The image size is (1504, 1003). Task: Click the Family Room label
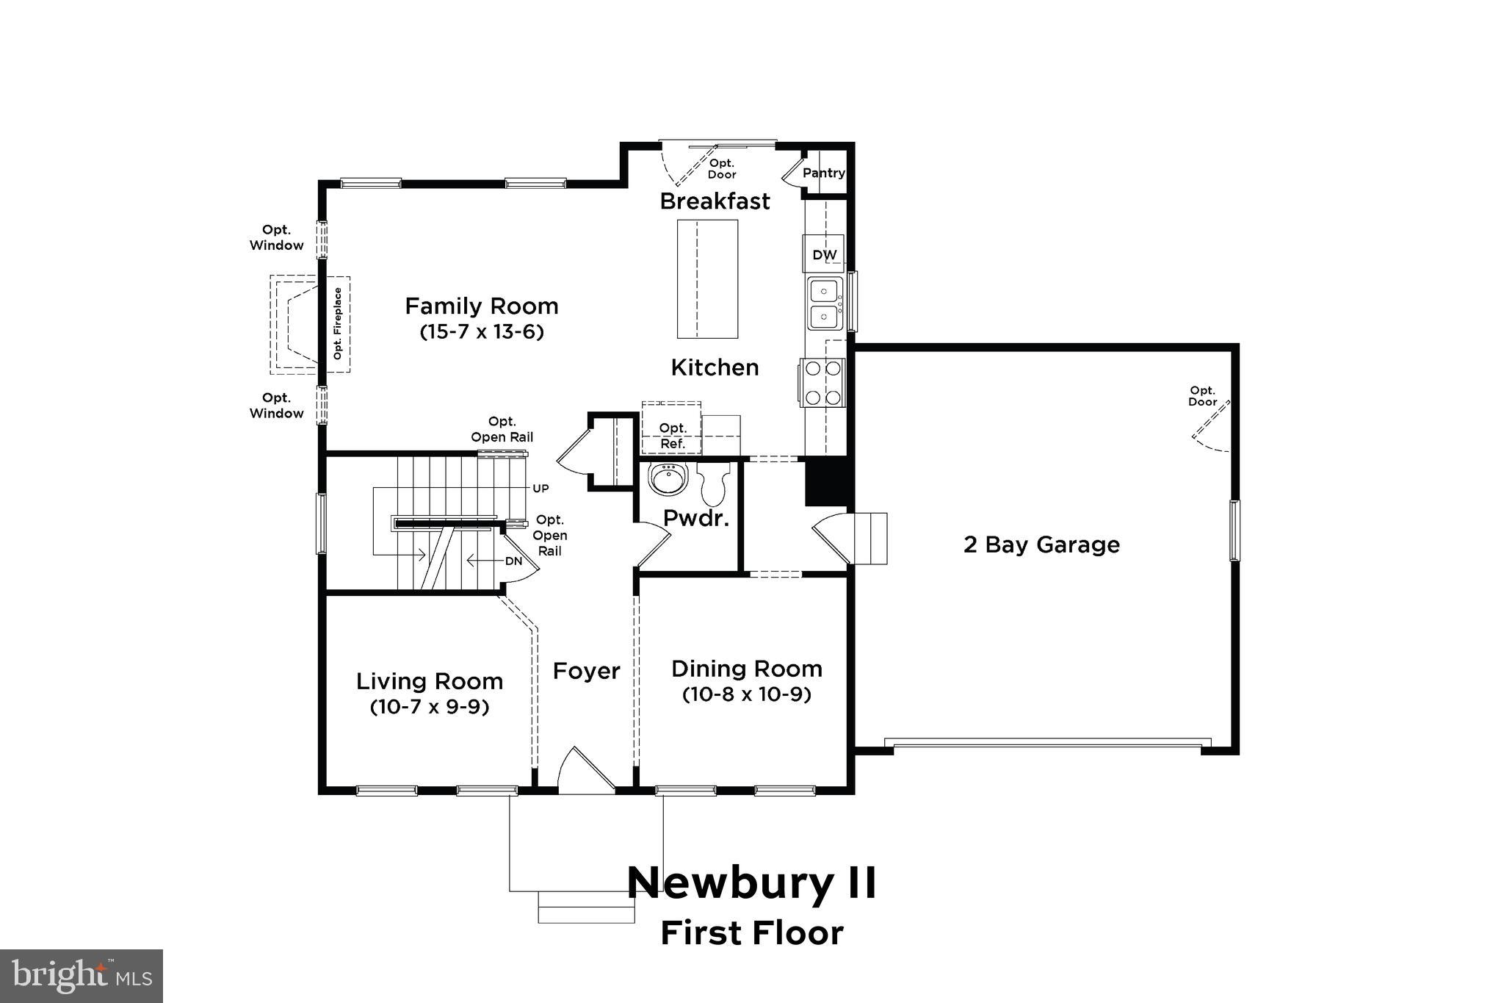482,306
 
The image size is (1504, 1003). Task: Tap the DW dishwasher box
824,254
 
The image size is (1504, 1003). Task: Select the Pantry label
823,173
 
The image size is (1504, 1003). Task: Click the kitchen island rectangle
707,279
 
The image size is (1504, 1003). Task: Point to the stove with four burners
823,382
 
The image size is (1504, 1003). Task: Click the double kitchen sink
825,304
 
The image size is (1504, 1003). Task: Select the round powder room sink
668,479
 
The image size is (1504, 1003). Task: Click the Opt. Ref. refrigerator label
673,436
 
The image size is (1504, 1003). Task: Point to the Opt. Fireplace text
338,324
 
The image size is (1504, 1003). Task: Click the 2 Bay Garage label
1041,544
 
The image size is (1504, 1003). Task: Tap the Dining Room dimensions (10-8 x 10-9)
746,694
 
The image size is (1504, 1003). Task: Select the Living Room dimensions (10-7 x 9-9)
430,707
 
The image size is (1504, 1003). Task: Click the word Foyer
586,671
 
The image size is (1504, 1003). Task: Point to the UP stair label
540,489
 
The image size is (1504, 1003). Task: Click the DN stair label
513,561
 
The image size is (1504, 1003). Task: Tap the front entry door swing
585,772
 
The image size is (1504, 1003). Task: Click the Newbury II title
751,882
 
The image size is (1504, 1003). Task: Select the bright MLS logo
82,976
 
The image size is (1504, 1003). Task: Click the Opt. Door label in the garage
1202,396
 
